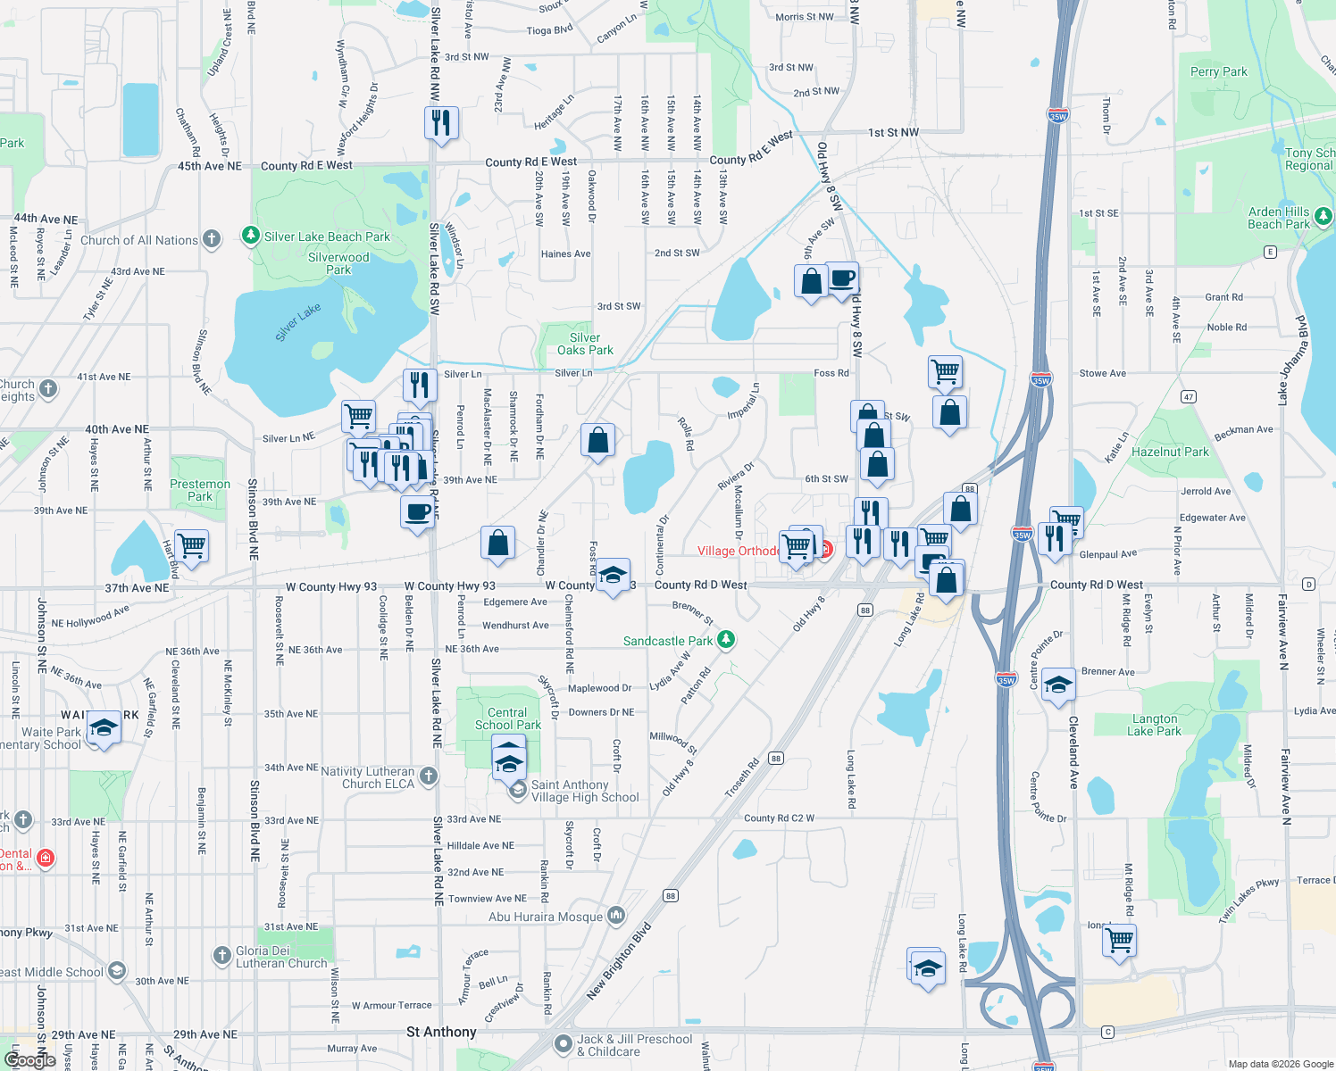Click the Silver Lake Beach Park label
point(327,237)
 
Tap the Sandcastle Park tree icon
point(727,640)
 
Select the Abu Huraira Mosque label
point(546,917)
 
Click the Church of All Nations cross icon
point(212,239)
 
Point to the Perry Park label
point(1218,71)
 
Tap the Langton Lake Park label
point(1154,725)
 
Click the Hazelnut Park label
point(1170,452)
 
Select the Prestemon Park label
point(200,490)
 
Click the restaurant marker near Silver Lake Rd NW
point(441,122)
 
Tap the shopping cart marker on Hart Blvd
point(192,545)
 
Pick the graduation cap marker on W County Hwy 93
point(613,576)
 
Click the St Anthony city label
point(441,1032)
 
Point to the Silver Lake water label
point(297,322)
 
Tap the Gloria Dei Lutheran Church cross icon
point(222,956)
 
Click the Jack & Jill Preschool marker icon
point(563,1043)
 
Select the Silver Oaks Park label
point(585,344)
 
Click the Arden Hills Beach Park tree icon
point(1323,216)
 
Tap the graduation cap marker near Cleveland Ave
point(1058,685)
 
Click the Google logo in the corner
point(29,1060)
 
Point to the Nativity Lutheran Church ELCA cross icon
point(429,776)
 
